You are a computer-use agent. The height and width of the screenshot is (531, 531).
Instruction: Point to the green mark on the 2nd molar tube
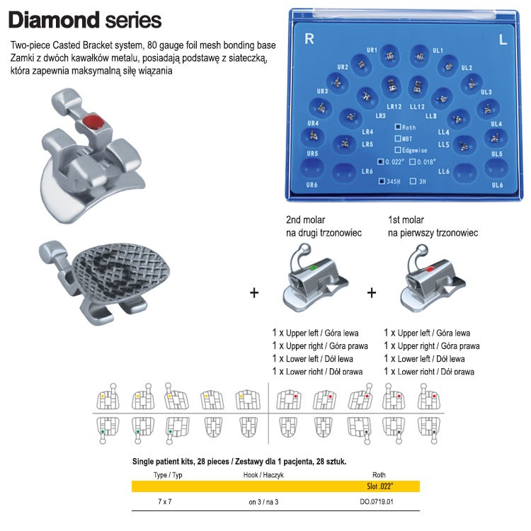(312, 268)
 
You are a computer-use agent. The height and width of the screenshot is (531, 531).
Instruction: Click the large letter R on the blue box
(309, 40)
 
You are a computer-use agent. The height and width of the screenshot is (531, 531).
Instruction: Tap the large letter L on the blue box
(503, 40)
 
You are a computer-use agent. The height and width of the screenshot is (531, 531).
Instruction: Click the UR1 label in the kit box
(372, 50)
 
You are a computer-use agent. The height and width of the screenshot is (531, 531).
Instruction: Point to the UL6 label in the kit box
(497, 185)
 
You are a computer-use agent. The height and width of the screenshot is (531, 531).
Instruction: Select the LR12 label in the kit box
(394, 107)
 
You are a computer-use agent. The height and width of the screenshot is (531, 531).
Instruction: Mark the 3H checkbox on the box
(413, 181)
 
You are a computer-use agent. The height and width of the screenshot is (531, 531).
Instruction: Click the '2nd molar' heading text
(307, 220)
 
